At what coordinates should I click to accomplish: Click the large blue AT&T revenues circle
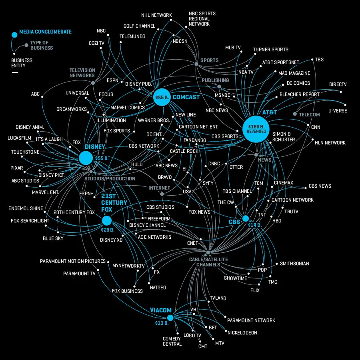[255, 128]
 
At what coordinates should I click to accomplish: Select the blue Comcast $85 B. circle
[162, 97]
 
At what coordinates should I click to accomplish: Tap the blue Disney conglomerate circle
[86, 158]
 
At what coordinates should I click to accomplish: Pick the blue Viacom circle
[170, 318]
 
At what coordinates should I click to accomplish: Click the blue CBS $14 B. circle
[246, 218]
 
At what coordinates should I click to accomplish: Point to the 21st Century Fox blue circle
[106, 220]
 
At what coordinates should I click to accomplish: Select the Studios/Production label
[110, 179]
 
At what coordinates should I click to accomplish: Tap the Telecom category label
[309, 115]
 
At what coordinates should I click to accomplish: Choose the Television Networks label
[82, 73]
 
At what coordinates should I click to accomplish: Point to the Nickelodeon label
[242, 333]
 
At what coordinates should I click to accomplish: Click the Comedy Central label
[172, 341]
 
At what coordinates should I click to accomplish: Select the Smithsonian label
[294, 264]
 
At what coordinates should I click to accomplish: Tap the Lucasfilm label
[19, 138]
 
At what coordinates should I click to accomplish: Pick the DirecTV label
[338, 85]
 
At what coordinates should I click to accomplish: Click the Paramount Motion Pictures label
[73, 262]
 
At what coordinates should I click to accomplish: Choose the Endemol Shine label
[26, 208]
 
